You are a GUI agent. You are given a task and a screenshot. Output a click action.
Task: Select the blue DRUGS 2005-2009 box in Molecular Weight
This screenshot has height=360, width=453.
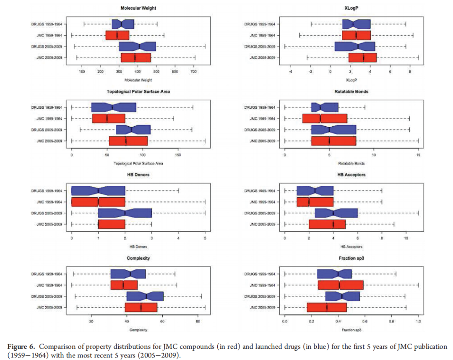click(x=137, y=46)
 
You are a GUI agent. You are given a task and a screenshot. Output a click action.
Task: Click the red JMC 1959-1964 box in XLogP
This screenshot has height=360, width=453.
click(x=356, y=35)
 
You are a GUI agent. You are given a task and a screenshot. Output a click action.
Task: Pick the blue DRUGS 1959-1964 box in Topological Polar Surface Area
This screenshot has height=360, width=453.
click(x=114, y=107)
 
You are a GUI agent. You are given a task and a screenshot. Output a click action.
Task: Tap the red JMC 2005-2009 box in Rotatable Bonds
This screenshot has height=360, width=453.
click(x=333, y=141)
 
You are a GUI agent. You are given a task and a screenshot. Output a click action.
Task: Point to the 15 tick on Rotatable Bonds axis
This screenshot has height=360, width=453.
click(x=418, y=156)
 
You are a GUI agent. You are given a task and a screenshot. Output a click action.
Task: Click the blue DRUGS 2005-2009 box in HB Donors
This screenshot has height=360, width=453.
click(x=125, y=213)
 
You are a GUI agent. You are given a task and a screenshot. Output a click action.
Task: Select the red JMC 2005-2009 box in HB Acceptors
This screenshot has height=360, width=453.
click(x=327, y=224)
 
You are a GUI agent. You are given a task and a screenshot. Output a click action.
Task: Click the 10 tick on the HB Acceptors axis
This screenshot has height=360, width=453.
click(x=406, y=239)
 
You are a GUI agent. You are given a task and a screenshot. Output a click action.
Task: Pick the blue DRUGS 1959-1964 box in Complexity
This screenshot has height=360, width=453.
click(x=128, y=274)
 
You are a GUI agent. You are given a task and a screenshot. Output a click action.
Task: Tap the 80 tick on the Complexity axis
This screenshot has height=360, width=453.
click(x=198, y=322)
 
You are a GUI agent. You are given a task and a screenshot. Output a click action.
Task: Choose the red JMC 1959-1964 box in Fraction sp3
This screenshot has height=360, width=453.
click(x=340, y=285)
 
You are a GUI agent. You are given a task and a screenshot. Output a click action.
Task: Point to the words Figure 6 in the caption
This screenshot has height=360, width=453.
click(x=19, y=347)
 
